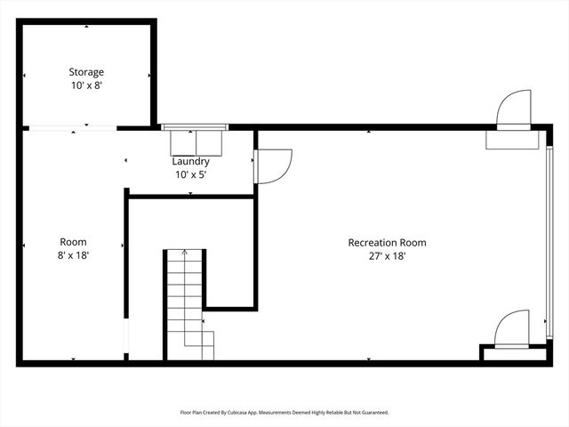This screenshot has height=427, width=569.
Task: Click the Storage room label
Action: pyautogui.click(x=87, y=72)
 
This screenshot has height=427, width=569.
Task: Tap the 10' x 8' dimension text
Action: pyautogui.click(x=87, y=85)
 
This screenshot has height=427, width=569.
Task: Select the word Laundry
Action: pyautogui.click(x=191, y=161)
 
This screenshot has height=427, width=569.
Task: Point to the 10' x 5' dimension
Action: pyautogui.click(x=191, y=174)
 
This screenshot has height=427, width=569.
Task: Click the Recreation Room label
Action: pyautogui.click(x=387, y=242)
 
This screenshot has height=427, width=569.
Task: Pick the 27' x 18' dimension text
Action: pyautogui.click(x=387, y=255)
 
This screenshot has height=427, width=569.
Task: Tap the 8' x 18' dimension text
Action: pyautogui.click(x=73, y=255)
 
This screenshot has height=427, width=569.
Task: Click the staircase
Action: pyautogui.click(x=187, y=302)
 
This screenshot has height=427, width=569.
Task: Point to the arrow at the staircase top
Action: pyautogui.click(x=185, y=254)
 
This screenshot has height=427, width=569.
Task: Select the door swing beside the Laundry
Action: pyautogui.click(x=274, y=166)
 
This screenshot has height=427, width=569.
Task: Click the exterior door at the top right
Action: pyautogui.click(x=514, y=111)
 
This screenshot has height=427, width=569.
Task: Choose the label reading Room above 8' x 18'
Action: pyautogui.click(x=73, y=242)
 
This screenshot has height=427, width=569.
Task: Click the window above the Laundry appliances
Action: pyautogui.click(x=195, y=127)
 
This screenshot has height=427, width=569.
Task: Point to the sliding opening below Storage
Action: pyautogui.click(x=71, y=130)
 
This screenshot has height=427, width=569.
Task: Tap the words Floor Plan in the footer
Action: pyautogui.click(x=193, y=413)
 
